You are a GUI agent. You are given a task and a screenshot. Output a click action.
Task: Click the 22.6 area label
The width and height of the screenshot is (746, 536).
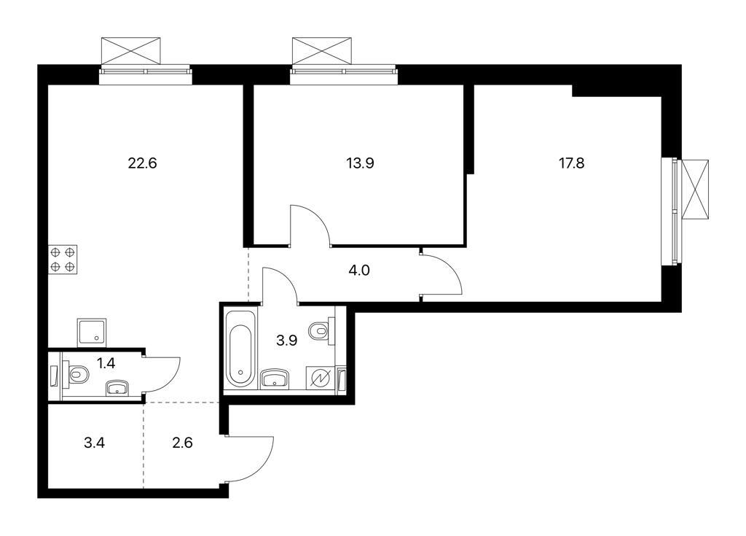pos(142,163)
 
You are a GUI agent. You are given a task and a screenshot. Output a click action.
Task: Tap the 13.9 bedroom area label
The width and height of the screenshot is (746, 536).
pos(360,163)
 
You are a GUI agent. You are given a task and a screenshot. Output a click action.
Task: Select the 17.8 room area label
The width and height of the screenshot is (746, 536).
pos(571,163)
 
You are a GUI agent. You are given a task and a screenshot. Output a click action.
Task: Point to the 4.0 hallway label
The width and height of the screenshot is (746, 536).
pos(359,271)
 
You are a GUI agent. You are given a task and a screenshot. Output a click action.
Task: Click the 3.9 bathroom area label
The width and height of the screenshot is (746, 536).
pos(287,340)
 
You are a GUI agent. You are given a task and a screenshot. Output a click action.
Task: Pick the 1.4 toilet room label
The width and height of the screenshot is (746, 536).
pos(106,363)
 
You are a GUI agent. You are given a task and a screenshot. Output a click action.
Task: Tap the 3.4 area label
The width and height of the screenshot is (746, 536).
pos(94,443)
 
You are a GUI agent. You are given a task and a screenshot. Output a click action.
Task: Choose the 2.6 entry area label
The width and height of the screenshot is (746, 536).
pos(182,443)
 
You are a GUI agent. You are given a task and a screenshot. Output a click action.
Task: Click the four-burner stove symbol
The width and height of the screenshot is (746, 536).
pos(63,260)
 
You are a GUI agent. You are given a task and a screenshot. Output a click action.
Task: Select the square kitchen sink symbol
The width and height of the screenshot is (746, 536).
pos(91,333)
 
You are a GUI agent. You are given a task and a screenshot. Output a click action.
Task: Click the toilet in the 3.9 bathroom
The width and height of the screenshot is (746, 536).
pos(321,330)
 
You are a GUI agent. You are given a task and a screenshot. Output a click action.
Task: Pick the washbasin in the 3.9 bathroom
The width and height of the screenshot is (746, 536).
pos(275,378)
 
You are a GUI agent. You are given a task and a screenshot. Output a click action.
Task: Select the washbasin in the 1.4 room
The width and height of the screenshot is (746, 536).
pos(117,388)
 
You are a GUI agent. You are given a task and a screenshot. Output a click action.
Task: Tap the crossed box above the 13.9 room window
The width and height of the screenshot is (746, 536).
pos(321,51)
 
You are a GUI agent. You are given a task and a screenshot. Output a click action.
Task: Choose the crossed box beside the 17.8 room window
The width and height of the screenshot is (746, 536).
pos(695,189)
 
